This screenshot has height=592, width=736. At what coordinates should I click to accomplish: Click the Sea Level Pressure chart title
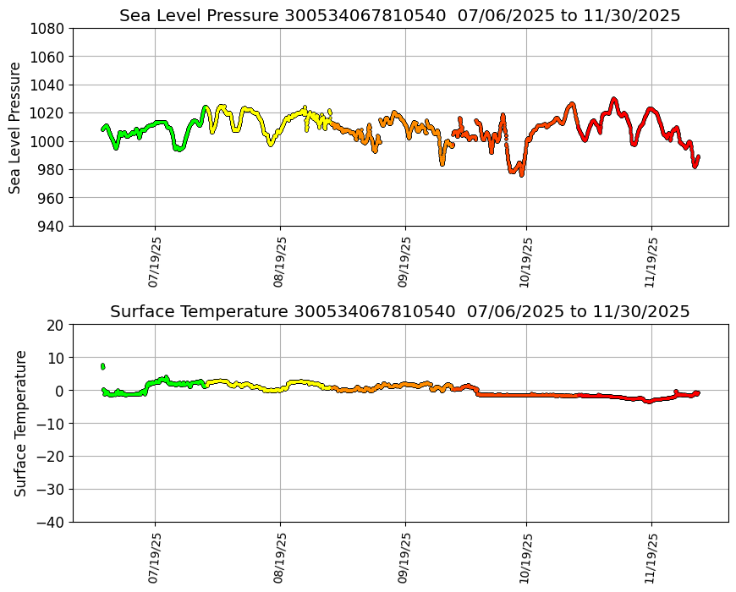click(399, 16)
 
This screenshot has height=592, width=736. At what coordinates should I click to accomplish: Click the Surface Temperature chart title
click(399, 312)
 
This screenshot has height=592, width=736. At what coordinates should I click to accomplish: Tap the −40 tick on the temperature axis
click(50, 522)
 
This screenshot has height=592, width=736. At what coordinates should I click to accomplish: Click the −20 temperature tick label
click(50, 457)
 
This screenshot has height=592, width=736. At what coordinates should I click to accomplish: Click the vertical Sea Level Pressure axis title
click(16, 128)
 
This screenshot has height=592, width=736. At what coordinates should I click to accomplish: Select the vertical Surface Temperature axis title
click(21, 423)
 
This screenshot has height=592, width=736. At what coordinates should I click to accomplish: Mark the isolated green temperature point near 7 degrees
click(102, 366)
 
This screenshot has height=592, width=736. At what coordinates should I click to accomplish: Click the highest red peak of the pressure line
click(614, 100)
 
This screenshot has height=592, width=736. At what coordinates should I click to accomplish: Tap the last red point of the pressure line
click(698, 157)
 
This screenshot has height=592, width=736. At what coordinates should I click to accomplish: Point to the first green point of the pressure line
click(102, 129)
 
